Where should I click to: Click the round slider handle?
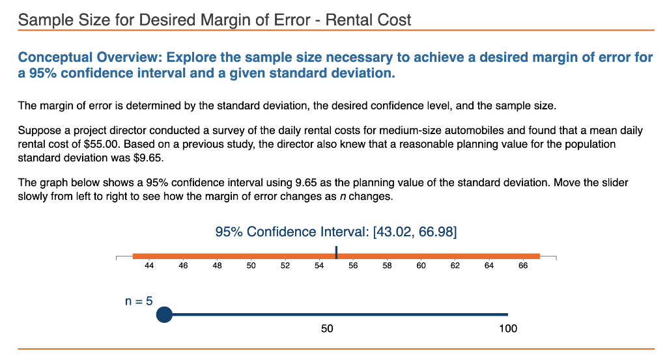coord(164,314)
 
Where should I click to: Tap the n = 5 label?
coord(139,301)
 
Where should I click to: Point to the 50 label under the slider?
coord(327,329)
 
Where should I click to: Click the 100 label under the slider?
coord(508,329)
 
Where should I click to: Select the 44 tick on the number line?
coord(149,265)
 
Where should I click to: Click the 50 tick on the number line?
coord(251,265)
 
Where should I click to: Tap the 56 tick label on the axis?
coord(353,265)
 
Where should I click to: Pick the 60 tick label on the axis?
coord(421,265)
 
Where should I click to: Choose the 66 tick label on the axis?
coord(523,265)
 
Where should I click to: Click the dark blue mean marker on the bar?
coord(336,253)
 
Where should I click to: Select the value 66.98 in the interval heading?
coord(436,232)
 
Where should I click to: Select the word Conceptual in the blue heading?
coord(55,57)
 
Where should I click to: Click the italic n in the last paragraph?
coord(343,197)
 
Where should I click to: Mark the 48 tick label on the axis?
coord(217,265)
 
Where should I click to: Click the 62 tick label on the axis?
coord(455,265)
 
